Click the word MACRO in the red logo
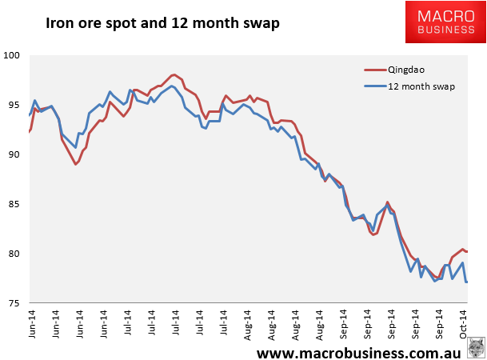(446, 16)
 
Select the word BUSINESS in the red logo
(446, 30)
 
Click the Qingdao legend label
(406, 70)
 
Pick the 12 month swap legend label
(421, 86)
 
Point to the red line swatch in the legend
(375, 70)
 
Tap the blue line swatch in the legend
(375, 86)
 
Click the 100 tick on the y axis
(11, 55)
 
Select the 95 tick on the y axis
(14, 105)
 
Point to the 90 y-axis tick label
(14, 154)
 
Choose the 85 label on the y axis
(14, 204)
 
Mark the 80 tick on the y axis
(14, 254)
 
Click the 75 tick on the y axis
(14, 303)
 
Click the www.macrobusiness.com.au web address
(359, 353)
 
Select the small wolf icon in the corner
(477, 347)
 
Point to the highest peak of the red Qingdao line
(174, 74)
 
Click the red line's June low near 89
(75, 164)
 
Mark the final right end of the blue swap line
(467, 282)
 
